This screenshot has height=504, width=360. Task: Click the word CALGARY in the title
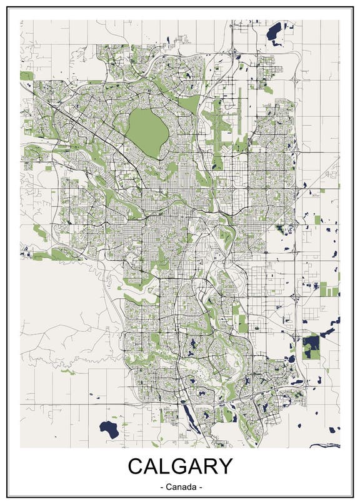click(180, 467)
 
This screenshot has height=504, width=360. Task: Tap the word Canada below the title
click(181, 486)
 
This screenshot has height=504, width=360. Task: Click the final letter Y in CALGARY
click(224, 467)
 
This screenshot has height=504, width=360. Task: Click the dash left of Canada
click(162, 486)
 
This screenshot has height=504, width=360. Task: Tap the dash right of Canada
click(201, 486)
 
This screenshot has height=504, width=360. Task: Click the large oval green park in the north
click(147, 126)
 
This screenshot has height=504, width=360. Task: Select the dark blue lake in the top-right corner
click(274, 31)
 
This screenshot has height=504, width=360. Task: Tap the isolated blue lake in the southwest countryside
click(109, 429)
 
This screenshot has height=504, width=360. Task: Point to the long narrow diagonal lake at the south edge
click(187, 413)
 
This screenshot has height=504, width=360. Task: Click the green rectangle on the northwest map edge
click(26, 76)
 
